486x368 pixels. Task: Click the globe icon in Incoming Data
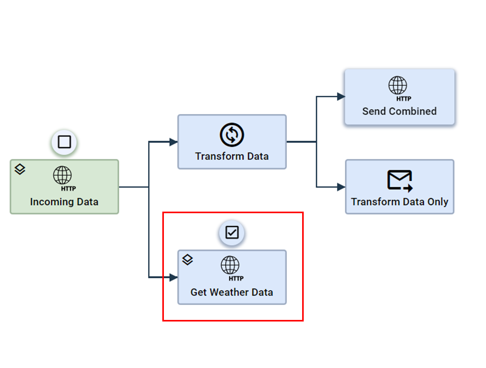pos(62,175)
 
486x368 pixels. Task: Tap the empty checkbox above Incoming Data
pos(64,142)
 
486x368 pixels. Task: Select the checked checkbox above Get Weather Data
pos(232,232)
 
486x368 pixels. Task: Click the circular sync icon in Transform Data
pos(232,135)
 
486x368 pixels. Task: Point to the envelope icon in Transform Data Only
pos(400,180)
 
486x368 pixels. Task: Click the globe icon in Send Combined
pos(397,85)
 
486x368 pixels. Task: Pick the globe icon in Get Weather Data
pos(230,265)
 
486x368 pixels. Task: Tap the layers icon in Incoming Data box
pos(20,169)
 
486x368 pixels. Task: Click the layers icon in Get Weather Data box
pos(188,259)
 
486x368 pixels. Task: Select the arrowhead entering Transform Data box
pos(173,142)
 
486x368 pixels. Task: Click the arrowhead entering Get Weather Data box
pos(173,277)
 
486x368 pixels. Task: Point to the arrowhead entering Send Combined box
pos(341,97)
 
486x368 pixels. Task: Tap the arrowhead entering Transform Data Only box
pos(341,187)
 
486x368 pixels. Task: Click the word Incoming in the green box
pos(52,202)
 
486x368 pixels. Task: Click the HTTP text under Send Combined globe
pos(404,99)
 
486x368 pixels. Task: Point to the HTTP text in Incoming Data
pos(68,189)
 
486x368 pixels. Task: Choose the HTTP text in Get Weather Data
pos(236,278)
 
